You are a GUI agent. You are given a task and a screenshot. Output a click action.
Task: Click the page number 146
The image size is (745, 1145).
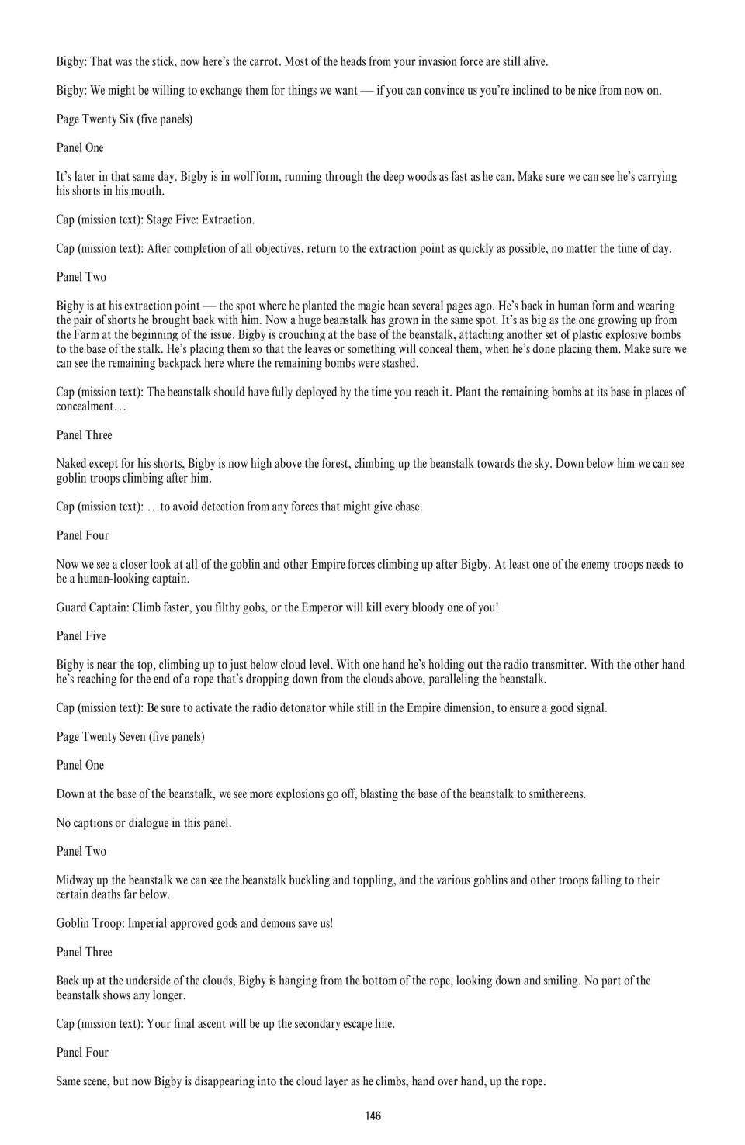pyautogui.click(x=372, y=1116)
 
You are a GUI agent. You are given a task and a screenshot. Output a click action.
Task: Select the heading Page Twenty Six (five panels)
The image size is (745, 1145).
pyautogui.click(x=124, y=119)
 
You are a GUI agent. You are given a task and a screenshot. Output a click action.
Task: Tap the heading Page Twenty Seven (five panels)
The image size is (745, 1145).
pyautogui.click(x=130, y=736)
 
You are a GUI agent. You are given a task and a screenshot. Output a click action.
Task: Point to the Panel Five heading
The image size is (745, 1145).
pyautogui.click(x=81, y=635)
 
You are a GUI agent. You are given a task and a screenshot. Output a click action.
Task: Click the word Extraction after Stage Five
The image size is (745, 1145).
pyautogui.click(x=226, y=220)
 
